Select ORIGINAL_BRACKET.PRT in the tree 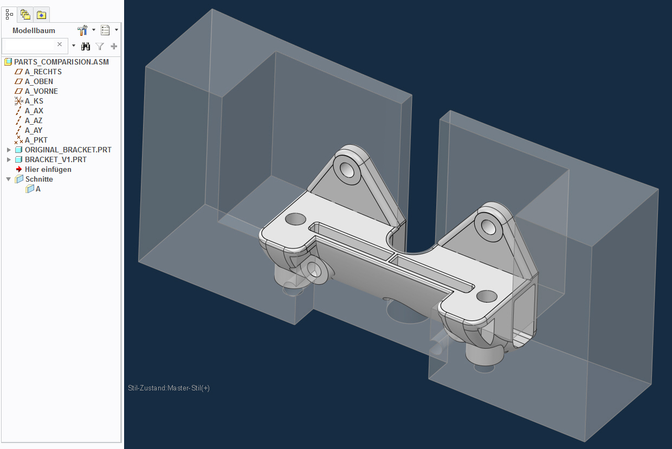(x=68, y=150)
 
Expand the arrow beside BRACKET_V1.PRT (x=9, y=159)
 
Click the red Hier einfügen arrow (x=19, y=169)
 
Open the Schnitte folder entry (x=39, y=179)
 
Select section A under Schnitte (x=38, y=189)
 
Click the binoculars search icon (x=86, y=46)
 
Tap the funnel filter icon (x=100, y=46)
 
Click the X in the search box (x=60, y=44)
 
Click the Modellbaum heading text (x=34, y=30)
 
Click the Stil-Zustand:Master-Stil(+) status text (x=169, y=388)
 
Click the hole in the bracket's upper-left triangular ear (x=347, y=170)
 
